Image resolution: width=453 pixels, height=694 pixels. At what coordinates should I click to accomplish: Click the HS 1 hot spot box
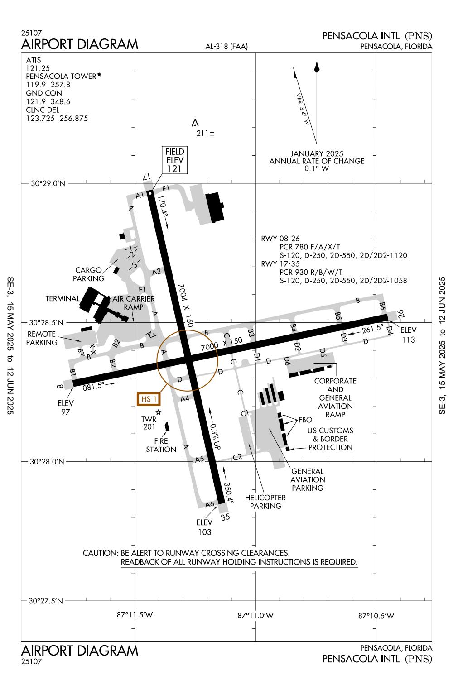point(149,399)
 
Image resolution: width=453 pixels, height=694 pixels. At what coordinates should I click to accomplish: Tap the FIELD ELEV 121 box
point(174,160)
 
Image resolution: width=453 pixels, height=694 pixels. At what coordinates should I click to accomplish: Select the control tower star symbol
point(159,412)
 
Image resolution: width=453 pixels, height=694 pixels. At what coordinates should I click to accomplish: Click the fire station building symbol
point(167,426)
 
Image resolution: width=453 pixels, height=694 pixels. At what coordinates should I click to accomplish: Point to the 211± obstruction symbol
point(195,123)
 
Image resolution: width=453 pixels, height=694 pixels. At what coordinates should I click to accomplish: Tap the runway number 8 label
point(59,387)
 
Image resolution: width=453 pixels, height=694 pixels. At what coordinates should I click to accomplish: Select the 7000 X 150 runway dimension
point(222,344)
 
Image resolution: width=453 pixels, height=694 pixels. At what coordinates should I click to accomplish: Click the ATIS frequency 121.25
point(38,68)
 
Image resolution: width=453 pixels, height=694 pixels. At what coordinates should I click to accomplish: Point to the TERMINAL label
point(62,299)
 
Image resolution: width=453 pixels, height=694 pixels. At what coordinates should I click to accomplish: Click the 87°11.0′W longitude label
point(255,615)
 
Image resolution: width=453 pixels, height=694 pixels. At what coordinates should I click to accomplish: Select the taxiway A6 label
point(209,504)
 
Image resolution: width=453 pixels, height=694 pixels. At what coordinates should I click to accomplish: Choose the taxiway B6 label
point(382,306)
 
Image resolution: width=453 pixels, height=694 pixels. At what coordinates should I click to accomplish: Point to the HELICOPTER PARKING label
point(265,502)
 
